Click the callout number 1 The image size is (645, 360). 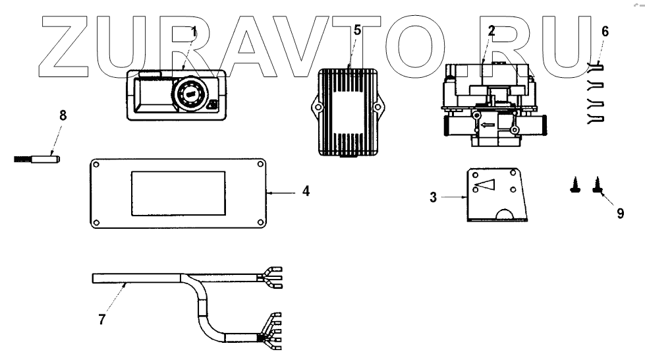194,31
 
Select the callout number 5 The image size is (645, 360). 357,30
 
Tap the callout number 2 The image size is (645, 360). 491,30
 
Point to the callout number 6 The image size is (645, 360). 605,31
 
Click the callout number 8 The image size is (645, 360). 63,115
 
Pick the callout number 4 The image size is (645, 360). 306,192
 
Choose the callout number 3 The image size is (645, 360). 433,196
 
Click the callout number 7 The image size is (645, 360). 101,319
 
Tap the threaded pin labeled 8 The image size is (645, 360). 36,159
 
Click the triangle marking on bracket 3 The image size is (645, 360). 486,187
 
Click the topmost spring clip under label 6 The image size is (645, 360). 596,67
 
